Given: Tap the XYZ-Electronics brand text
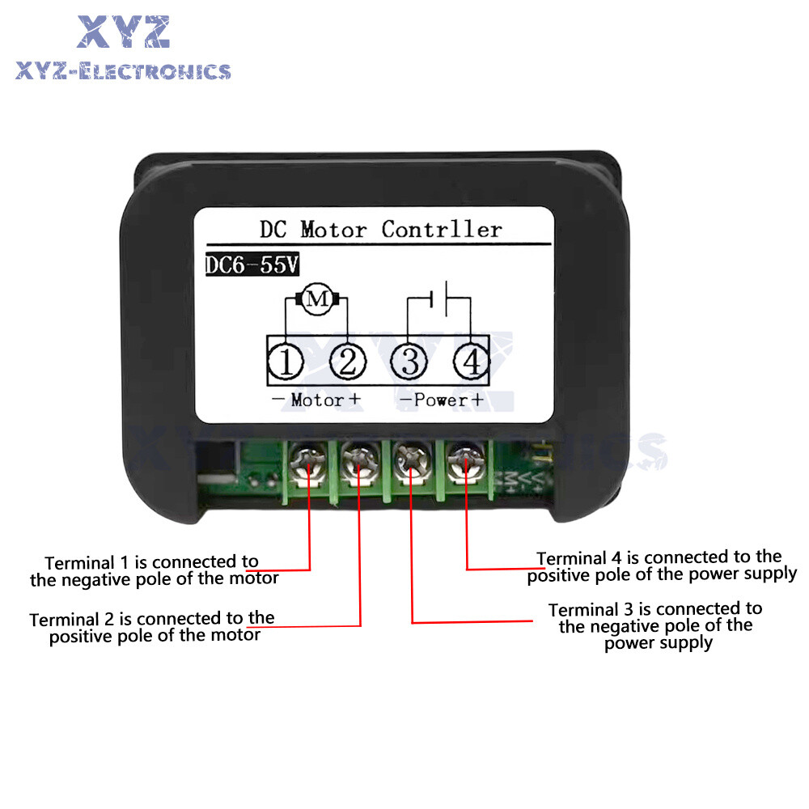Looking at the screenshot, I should coord(123,71).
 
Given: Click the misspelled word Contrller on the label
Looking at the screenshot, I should coord(442,229).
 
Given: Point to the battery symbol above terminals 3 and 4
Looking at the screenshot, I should coord(439,300).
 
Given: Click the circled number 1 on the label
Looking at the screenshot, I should coord(286,362).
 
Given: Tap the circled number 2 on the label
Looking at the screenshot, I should coord(347,362).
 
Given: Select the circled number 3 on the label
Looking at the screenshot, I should coord(409,362).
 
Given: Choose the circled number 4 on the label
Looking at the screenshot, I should coord(470,362).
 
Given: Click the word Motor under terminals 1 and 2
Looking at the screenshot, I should coord(316,400).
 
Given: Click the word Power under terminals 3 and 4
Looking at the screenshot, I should coord(442,400).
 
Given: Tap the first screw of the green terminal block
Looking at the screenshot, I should coord(307,463).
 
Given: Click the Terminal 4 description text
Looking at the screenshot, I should coord(662,565).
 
